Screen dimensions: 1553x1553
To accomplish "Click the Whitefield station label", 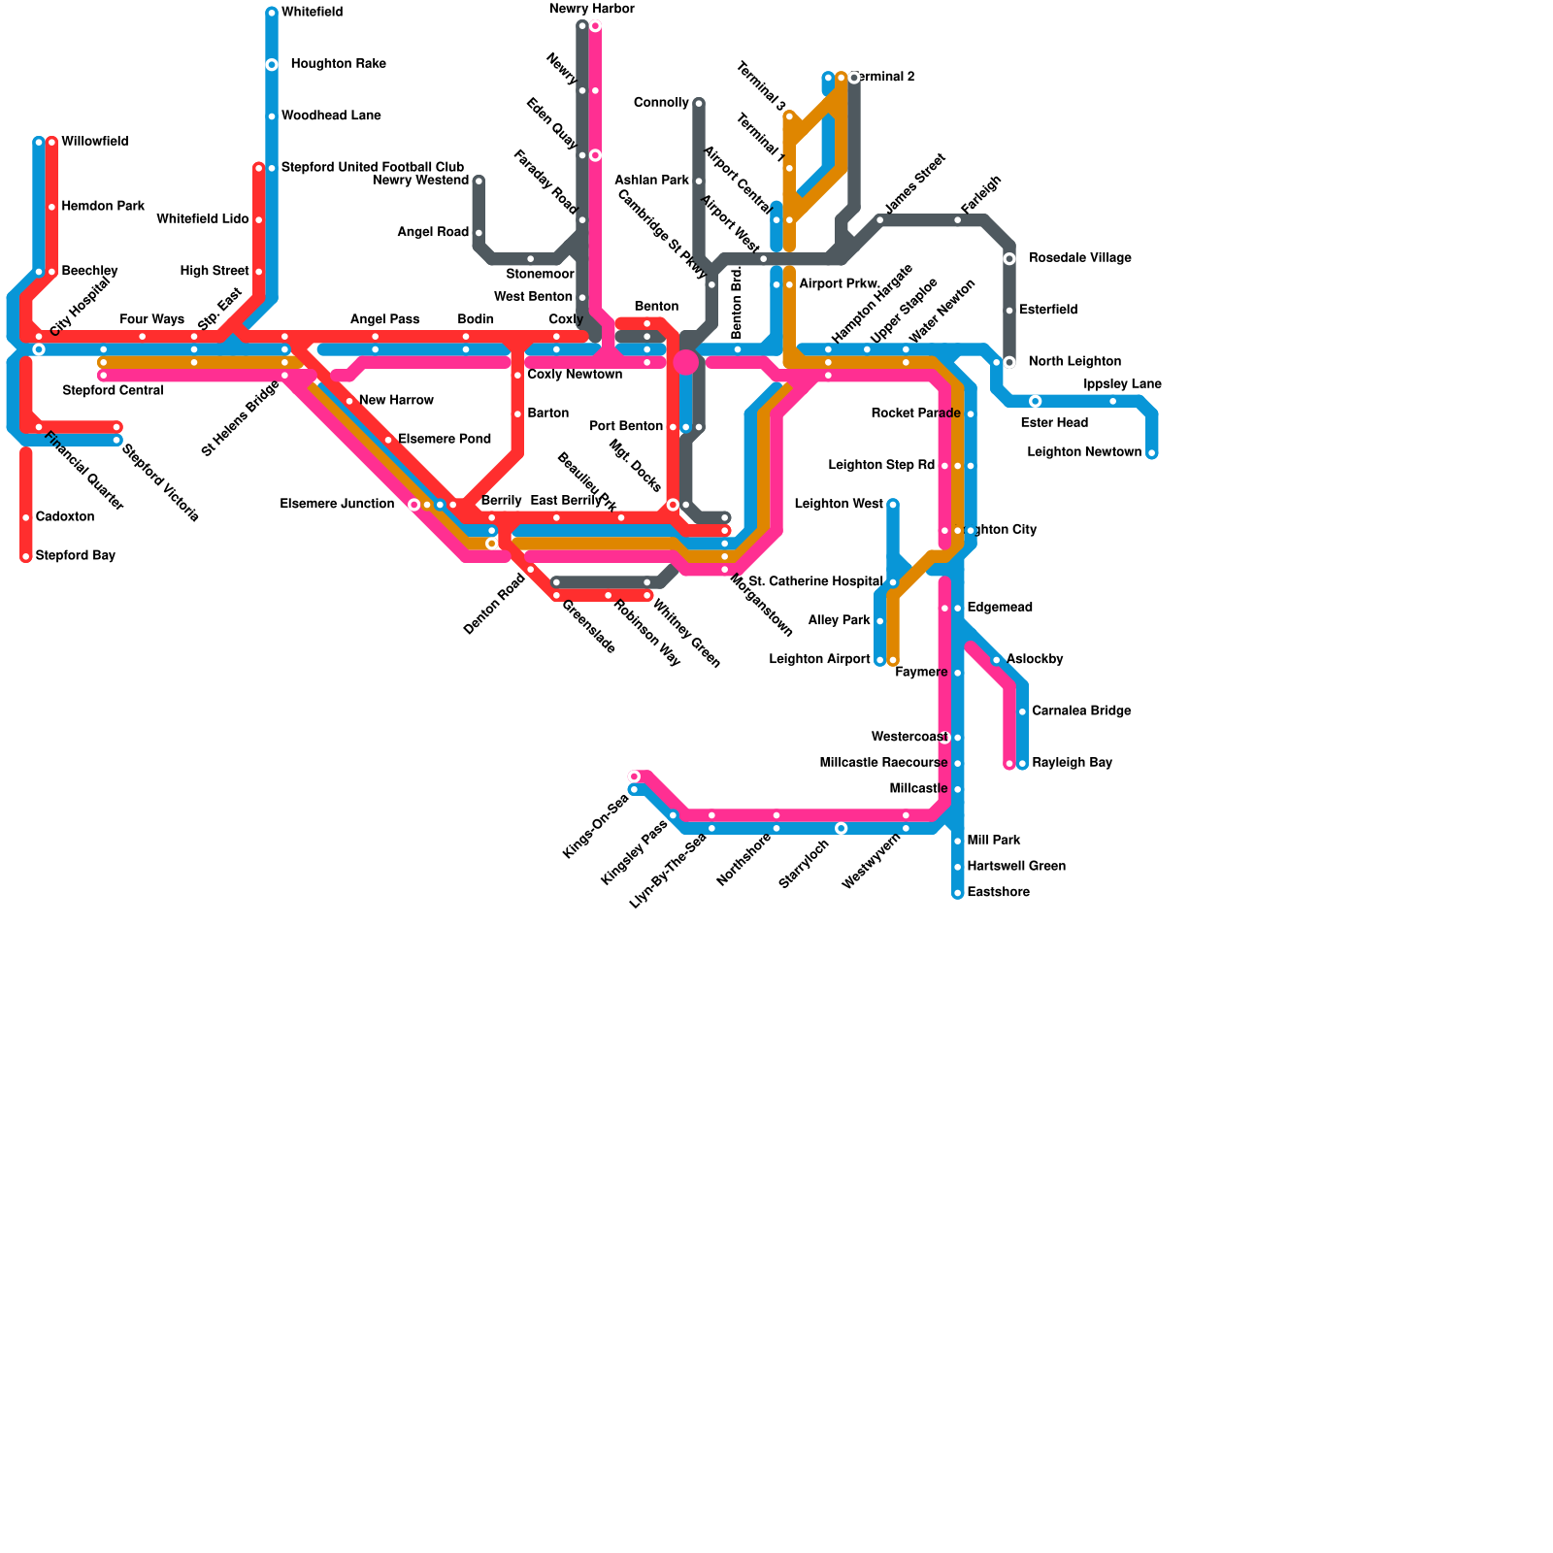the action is pos(312,13).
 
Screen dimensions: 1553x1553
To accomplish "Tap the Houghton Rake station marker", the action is pos(272,65).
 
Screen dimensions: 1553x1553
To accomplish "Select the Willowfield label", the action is pos(95,142).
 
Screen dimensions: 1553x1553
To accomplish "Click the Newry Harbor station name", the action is pos(591,10).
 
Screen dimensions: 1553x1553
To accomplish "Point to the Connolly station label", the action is pos(661,103).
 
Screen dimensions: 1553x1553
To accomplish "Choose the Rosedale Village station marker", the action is pos(1009,258).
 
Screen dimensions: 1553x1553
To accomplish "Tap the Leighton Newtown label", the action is pos(1084,452).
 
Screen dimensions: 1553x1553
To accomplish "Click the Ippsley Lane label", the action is pos(1122,384).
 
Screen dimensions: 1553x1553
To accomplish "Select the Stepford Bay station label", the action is pos(76,556).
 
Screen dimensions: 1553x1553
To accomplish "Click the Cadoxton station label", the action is pos(65,517).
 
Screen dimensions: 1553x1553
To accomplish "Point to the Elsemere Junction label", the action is pos(337,505).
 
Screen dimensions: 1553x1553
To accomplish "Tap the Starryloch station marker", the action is pos(841,828).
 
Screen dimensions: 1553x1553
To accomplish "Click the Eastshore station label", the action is pos(999,893).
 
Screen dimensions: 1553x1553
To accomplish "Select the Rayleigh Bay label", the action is pos(1072,763).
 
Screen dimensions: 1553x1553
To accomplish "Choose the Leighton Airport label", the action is pos(819,660).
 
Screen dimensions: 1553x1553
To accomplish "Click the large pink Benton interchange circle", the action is pos(686,362).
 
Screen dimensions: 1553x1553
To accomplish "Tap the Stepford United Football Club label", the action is pos(373,168).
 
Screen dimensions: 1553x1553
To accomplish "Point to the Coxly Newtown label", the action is pos(575,375).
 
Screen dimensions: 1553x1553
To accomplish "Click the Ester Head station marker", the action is pos(1036,401).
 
